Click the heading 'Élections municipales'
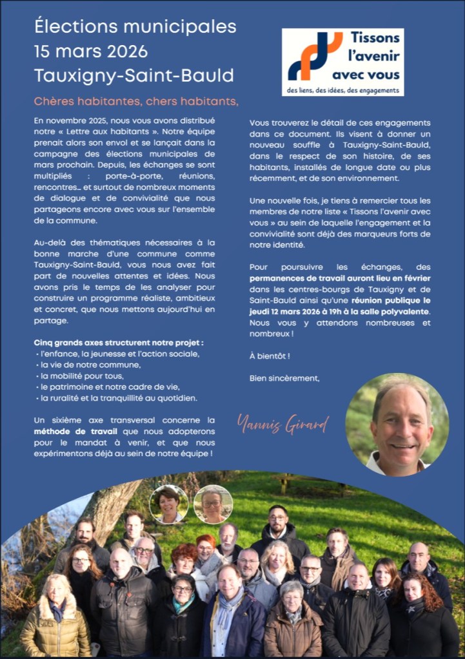click(x=135, y=27)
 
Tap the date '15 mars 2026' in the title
click(x=91, y=52)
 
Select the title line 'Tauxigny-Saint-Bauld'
click(x=134, y=75)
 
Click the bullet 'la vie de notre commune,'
click(x=88, y=365)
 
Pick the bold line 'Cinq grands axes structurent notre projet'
click(x=119, y=342)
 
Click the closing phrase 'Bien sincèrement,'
click(x=284, y=378)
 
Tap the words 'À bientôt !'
click(x=270, y=356)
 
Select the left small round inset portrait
click(x=169, y=504)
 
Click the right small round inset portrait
click(x=213, y=504)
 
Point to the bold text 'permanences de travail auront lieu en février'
click(x=339, y=278)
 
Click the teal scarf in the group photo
click(x=183, y=604)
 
